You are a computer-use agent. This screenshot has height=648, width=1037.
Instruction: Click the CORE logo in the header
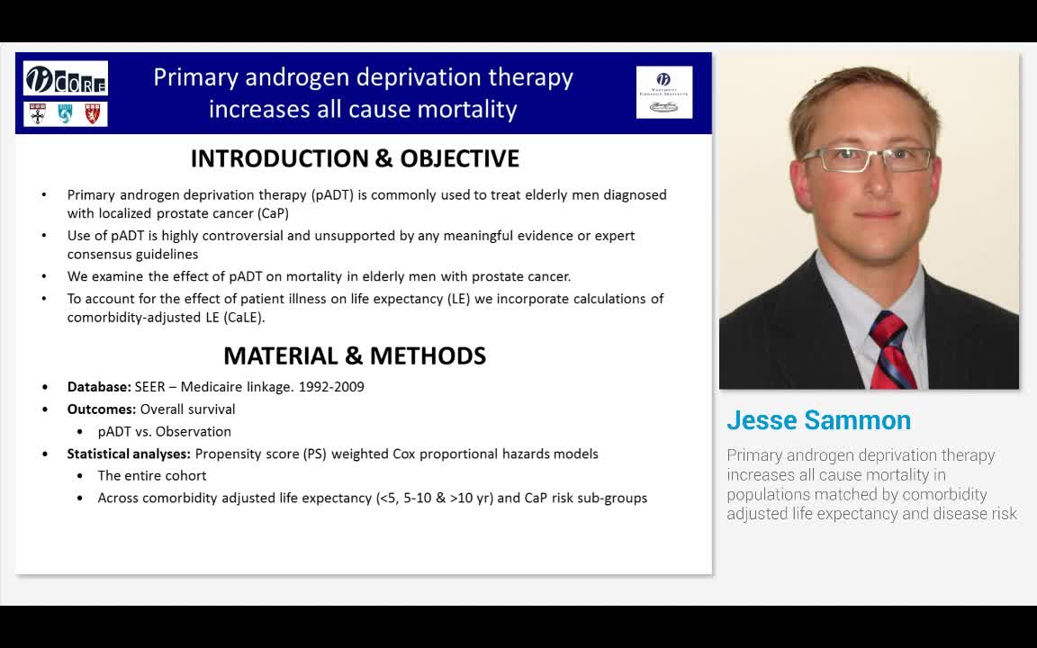(x=66, y=78)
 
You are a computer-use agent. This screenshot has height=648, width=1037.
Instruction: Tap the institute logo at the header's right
(x=664, y=92)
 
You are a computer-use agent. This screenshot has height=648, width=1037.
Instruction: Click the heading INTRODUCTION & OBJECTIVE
(x=355, y=158)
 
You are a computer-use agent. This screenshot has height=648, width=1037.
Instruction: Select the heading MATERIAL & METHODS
(x=355, y=355)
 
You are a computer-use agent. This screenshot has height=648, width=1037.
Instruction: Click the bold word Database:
(x=99, y=387)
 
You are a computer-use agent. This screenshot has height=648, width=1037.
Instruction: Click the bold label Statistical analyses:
(x=129, y=454)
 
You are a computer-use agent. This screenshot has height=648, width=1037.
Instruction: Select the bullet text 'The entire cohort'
(x=152, y=475)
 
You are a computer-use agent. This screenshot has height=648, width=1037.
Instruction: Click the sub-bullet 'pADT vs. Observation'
(x=164, y=431)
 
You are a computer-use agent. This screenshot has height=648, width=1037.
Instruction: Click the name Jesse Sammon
(x=818, y=420)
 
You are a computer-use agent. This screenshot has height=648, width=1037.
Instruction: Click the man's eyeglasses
(x=866, y=159)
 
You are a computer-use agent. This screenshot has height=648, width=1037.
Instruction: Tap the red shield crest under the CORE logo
(x=93, y=113)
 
